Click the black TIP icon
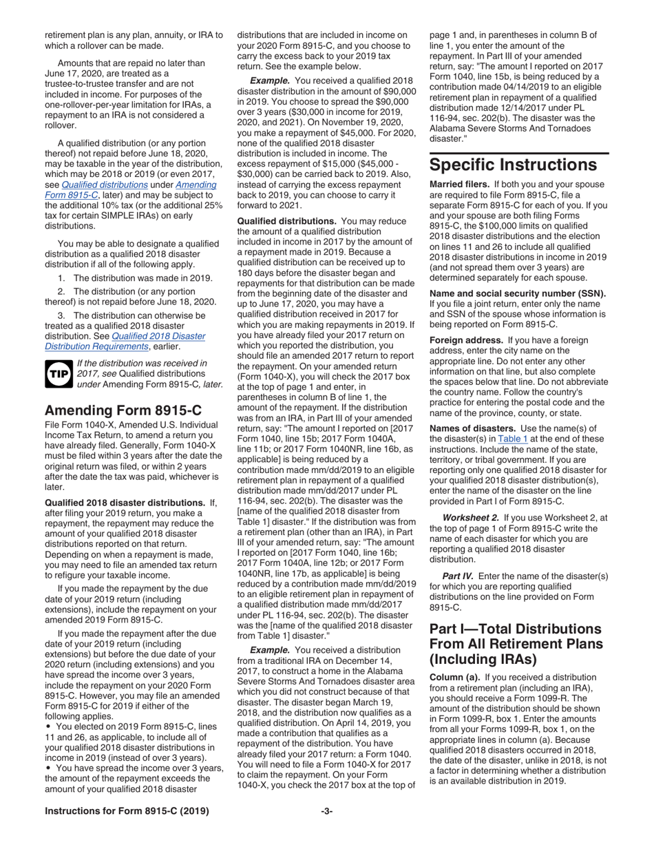[x=59, y=373]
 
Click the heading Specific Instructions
[x=513, y=165]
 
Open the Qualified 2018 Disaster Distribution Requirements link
[x=125, y=342]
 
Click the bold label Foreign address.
[x=466, y=340]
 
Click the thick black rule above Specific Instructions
[x=519, y=152]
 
